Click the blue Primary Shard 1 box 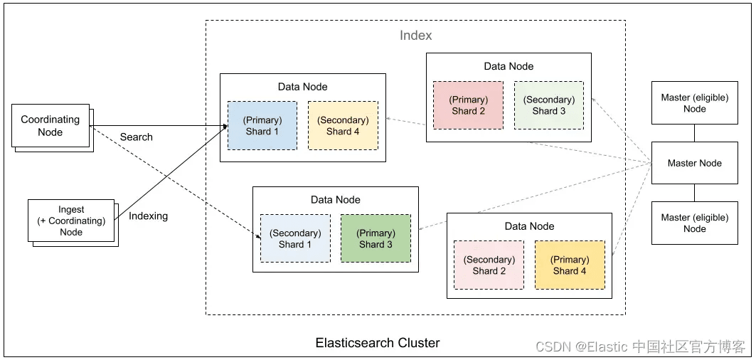click(x=262, y=125)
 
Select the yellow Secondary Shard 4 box click(x=343, y=125)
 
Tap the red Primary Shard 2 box click(x=468, y=105)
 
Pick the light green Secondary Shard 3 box click(x=548, y=105)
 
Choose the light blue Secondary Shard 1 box click(x=296, y=238)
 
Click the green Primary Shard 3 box click(x=376, y=238)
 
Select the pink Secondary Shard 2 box click(x=489, y=265)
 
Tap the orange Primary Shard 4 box click(x=570, y=265)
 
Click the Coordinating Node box click(x=50, y=125)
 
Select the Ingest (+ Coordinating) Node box click(x=71, y=221)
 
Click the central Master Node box click(x=695, y=163)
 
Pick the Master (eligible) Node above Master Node click(x=695, y=102)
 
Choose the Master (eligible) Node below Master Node click(x=695, y=223)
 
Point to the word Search click(x=137, y=137)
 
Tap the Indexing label click(x=148, y=216)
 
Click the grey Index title click(x=416, y=36)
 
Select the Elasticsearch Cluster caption click(x=378, y=343)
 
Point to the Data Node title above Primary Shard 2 click(x=509, y=66)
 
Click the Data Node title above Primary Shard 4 click(x=529, y=226)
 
